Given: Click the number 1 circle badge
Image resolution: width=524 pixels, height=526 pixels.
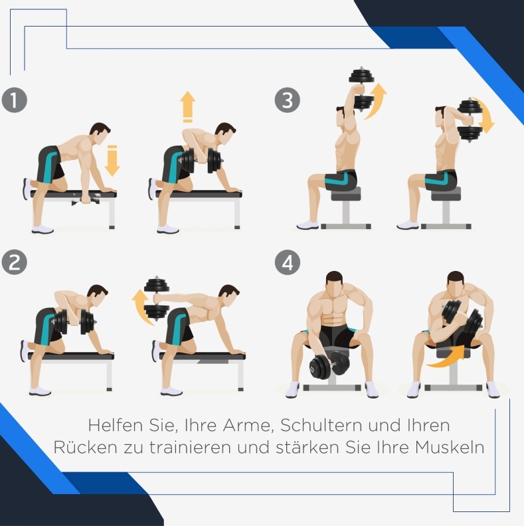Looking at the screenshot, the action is pyautogui.click(x=15, y=100).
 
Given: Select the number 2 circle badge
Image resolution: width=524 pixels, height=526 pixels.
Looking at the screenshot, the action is pyautogui.click(x=15, y=262).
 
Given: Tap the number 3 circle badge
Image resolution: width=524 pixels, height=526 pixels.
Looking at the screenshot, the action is pyautogui.click(x=288, y=100).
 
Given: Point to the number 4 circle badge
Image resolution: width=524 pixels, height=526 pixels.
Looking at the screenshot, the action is pyautogui.click(x=288, y=262).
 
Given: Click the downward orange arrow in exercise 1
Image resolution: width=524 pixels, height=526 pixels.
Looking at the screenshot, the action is pyautogui.click(x=112, y=160).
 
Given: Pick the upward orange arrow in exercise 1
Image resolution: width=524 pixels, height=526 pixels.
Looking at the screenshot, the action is pyautogui.click(x=187, y=107).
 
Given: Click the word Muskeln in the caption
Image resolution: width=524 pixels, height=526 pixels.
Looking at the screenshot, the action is pyautogui.click(x=450, y=447).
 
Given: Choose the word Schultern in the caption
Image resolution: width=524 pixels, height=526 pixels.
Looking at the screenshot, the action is pyautogui.click(x=321, y=425).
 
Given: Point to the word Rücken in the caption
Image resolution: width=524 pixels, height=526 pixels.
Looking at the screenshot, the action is pyautogui.click(x=85, y=447).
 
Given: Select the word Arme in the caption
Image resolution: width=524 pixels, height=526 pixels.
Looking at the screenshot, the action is pyautogui.click(x=247, y=426).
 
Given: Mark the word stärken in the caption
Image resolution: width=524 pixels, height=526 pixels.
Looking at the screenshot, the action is pyautogui.click(x=308, y=447).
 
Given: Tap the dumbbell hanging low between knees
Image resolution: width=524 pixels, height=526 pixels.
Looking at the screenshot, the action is pyautogui.click(x=329, y=365).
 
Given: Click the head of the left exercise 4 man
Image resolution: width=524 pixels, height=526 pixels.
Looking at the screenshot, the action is pyautogui.click(x=334, y=284).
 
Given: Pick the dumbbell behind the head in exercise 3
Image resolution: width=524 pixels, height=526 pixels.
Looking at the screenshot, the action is pyautogui.click(x=470, y=120).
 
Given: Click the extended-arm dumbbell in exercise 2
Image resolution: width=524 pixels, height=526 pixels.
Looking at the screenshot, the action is pyautogui.click(x=157, y=299).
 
